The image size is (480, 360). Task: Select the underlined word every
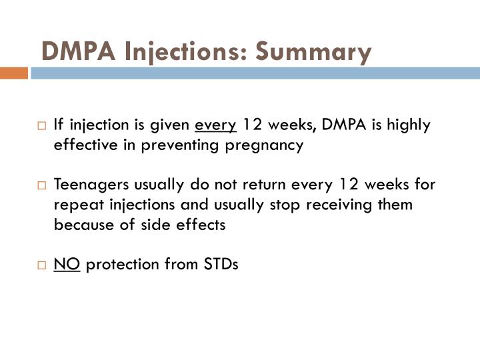[216, 125]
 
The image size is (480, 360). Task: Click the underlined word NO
[67, 265]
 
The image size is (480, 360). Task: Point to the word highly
[410, 125]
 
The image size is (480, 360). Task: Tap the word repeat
[75, 205]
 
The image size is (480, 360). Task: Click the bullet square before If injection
[42, 125]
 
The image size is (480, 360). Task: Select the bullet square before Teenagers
[42, 185]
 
